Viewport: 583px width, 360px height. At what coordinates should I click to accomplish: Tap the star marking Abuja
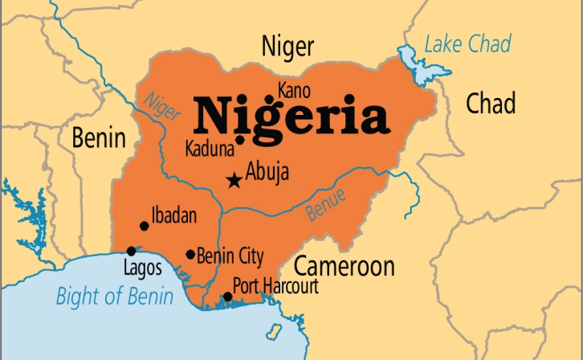click(234, 179)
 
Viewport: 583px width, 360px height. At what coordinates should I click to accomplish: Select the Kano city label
click(293, 88)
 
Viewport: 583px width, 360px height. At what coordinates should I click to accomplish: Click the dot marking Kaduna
click(239, 140)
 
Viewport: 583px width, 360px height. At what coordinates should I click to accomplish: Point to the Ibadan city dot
click(144, 226)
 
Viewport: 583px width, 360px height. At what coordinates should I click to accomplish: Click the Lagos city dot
click(132, 252)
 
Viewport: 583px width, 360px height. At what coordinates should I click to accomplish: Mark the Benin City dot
click(190, 255)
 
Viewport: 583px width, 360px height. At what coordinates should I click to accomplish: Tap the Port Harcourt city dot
click(227, 297)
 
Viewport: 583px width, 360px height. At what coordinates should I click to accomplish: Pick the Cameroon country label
click(344, 266)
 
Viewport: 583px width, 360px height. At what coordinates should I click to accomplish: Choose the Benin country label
click(99, 138)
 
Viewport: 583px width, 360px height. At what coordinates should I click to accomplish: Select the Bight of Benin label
click(114, 297)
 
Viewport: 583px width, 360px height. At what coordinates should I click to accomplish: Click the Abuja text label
click(267, 172)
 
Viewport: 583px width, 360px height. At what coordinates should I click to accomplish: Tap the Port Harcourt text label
click(275, 285)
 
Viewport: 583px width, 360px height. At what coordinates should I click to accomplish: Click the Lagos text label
click(142, 268)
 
